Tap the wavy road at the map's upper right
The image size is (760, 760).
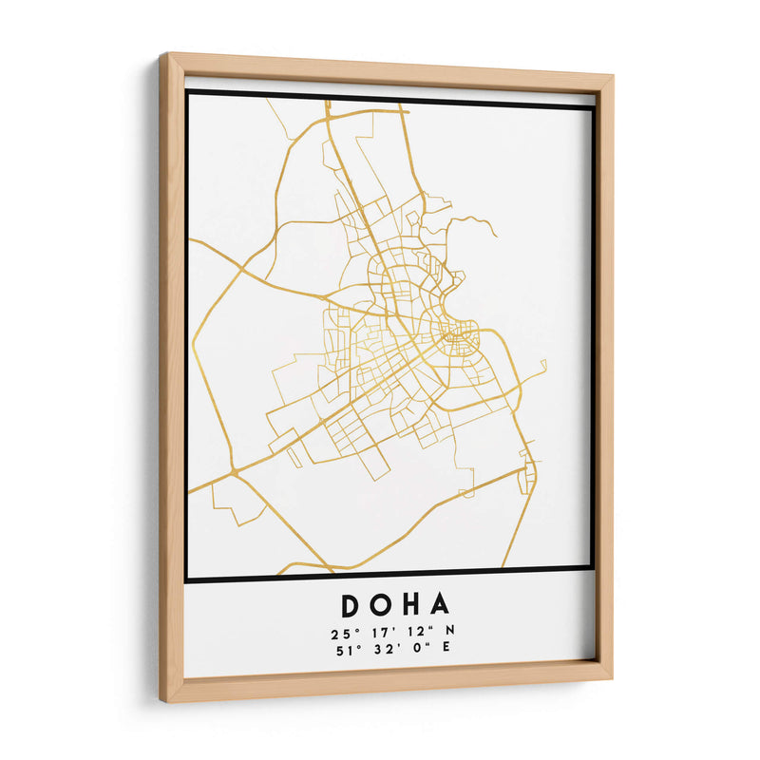pos(475,225)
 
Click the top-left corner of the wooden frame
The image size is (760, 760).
pos(162,55)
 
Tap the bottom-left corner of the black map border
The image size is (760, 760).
pos(187,579)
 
